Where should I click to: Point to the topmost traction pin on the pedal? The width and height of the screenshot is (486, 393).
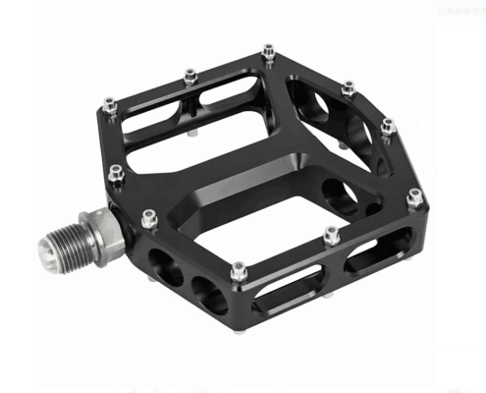coord(268,49)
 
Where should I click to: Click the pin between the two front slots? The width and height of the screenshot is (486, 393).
coord(332,234)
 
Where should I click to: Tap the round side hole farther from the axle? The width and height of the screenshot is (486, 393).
coord(207,292)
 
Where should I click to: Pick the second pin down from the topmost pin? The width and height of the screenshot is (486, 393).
coord(348,88)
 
